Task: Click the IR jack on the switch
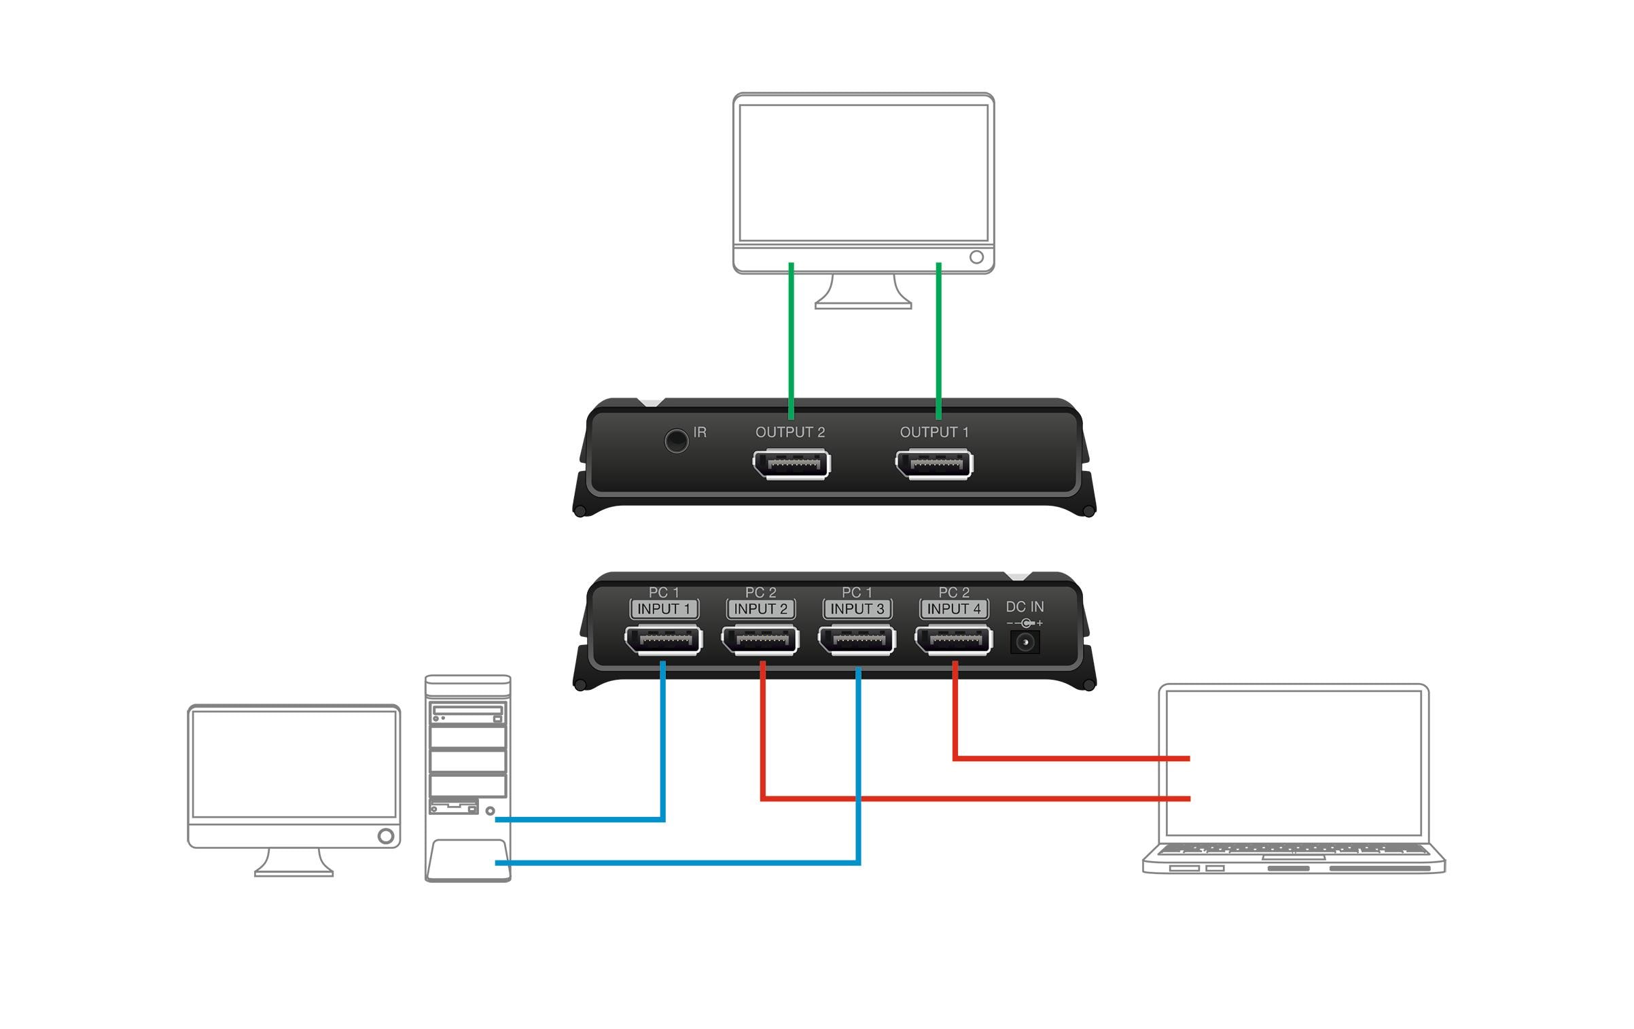click(x=676, y=440)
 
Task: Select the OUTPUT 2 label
click(x=789, y=432)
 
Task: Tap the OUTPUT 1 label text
click(x=934, y=432)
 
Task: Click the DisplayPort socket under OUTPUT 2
click(x=792, y=465)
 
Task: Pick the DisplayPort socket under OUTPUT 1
click(x=934, y=465)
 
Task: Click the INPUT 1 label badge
click(x=664, y=609)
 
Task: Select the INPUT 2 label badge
click(x=760, y=609)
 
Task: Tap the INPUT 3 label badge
click(x=857, y=609)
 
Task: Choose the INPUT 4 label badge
click(x=954, y=609)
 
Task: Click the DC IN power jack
click(x=1025, y=642)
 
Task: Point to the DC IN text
click(x=1025, y=606)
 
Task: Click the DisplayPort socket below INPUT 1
click(x=663, y=640)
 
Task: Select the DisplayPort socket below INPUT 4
click(x=953, y=640)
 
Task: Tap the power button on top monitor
click(x=976, y=257)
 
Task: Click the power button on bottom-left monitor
click(x=385, y=835)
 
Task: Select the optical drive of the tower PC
click(x=467, y=713)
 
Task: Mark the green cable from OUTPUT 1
click(x=938, y=340)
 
